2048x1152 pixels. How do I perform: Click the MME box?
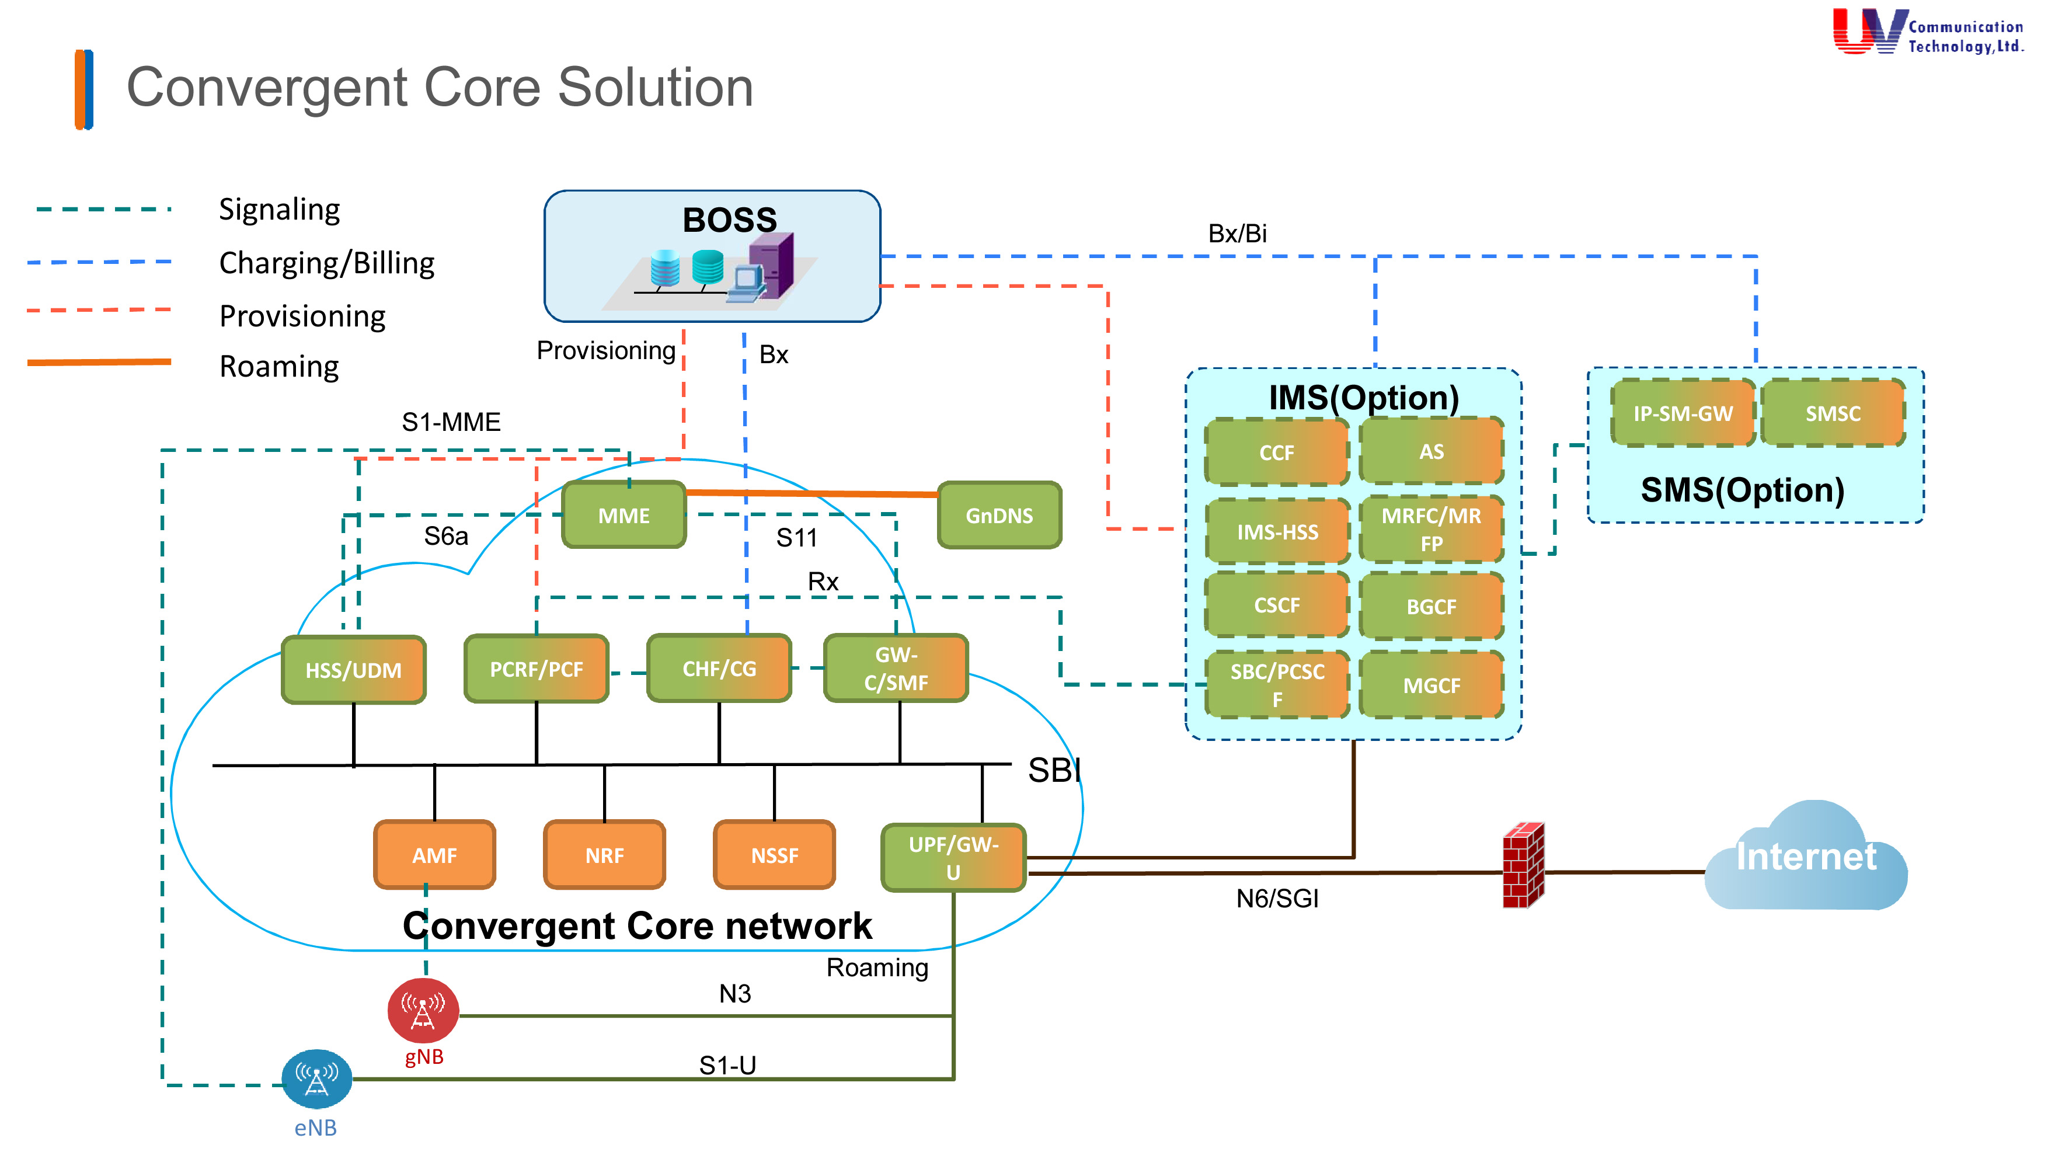[624, 515]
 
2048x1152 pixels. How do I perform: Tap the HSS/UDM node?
[354, 669]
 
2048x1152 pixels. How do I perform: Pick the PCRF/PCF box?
[536, 669]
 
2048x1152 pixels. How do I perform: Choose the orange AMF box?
[434, 855]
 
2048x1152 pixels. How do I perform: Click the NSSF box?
[774, 855]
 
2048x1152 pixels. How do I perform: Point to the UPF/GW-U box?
[953, 857]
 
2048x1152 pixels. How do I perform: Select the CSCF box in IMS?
[1277, 605]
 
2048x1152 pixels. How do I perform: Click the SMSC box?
[1833, 413]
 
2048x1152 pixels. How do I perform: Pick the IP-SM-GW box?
[1683, 413]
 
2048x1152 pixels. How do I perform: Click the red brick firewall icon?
[1523, 865]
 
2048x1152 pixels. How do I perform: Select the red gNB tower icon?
[423, 1010]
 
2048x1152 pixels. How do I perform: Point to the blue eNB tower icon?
[316, 1079]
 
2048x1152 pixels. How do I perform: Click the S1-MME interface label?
[451, 422]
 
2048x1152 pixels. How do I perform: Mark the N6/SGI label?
[1277, 899]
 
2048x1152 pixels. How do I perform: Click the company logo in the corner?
[1927, 32]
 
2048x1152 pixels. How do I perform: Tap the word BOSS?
[729, 220]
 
